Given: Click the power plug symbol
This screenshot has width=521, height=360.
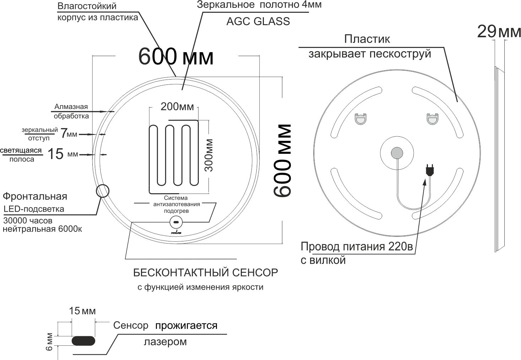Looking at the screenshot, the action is [430, 170].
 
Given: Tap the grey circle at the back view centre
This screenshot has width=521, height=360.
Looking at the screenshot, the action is [397, 153].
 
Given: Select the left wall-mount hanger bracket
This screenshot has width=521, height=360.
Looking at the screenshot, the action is [360, 119].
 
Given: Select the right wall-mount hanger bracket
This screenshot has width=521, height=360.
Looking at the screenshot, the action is [432, 119].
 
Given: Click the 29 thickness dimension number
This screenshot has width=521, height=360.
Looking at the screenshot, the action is [487, 32].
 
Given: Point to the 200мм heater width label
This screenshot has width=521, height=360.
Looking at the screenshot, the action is [177, 107].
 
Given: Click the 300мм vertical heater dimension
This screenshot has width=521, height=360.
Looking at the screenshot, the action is [208, 156].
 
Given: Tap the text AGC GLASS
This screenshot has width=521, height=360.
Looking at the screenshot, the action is [258, 21].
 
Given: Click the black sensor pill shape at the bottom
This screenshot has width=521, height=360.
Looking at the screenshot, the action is [83, 341].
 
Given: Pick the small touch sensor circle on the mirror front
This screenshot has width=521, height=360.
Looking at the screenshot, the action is [176, 222].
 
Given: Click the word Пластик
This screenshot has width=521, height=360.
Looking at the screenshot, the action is [367, 39].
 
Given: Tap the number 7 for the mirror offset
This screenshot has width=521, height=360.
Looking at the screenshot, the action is [64, 133].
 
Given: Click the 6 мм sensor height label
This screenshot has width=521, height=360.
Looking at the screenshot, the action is [49, 342].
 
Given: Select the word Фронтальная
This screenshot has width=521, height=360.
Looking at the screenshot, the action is [35, 197].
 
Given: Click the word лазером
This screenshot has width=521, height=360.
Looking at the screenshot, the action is [165, 342].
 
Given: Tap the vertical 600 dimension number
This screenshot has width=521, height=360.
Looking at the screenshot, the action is [282, 160].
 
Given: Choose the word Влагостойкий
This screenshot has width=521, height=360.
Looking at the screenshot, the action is [87, 6].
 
